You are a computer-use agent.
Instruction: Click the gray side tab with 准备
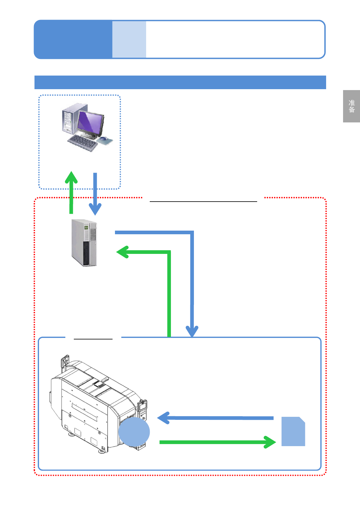pyautogui.click(x=351, y=106)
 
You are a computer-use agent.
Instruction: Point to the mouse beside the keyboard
pyautogui.click(x=103, y=139)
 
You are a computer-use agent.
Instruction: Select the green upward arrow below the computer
pyautogui.click(x=71, y=192)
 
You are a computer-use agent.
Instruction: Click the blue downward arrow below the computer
pyautogui.click(x=95, y=194)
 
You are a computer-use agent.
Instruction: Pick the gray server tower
pyautogui.click(x=84, y=242)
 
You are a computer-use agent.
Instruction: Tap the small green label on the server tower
pyautogui.click(x=86, y=228)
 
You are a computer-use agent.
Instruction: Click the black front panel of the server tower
pyautogui.click(x=86, y=253)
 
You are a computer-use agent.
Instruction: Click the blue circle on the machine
pyautogui.click(x=134, y=432)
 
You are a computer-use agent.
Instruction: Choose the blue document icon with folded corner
pyautogui.click(x=293, y=431)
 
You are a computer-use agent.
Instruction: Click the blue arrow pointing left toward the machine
pyautogui.click(x=215, y=418)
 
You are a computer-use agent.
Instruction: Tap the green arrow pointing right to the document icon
pyautogui.click(x=218, y=442)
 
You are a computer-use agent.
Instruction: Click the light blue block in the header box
pyautogui.click(x=129, y=39)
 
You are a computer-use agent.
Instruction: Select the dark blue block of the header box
pyautogui.click(x=73, y=39)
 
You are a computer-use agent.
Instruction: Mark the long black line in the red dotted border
pyautogui.click(x=203, y=201)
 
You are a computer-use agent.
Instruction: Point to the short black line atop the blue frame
pyautogui.click(x=93, y=339)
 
